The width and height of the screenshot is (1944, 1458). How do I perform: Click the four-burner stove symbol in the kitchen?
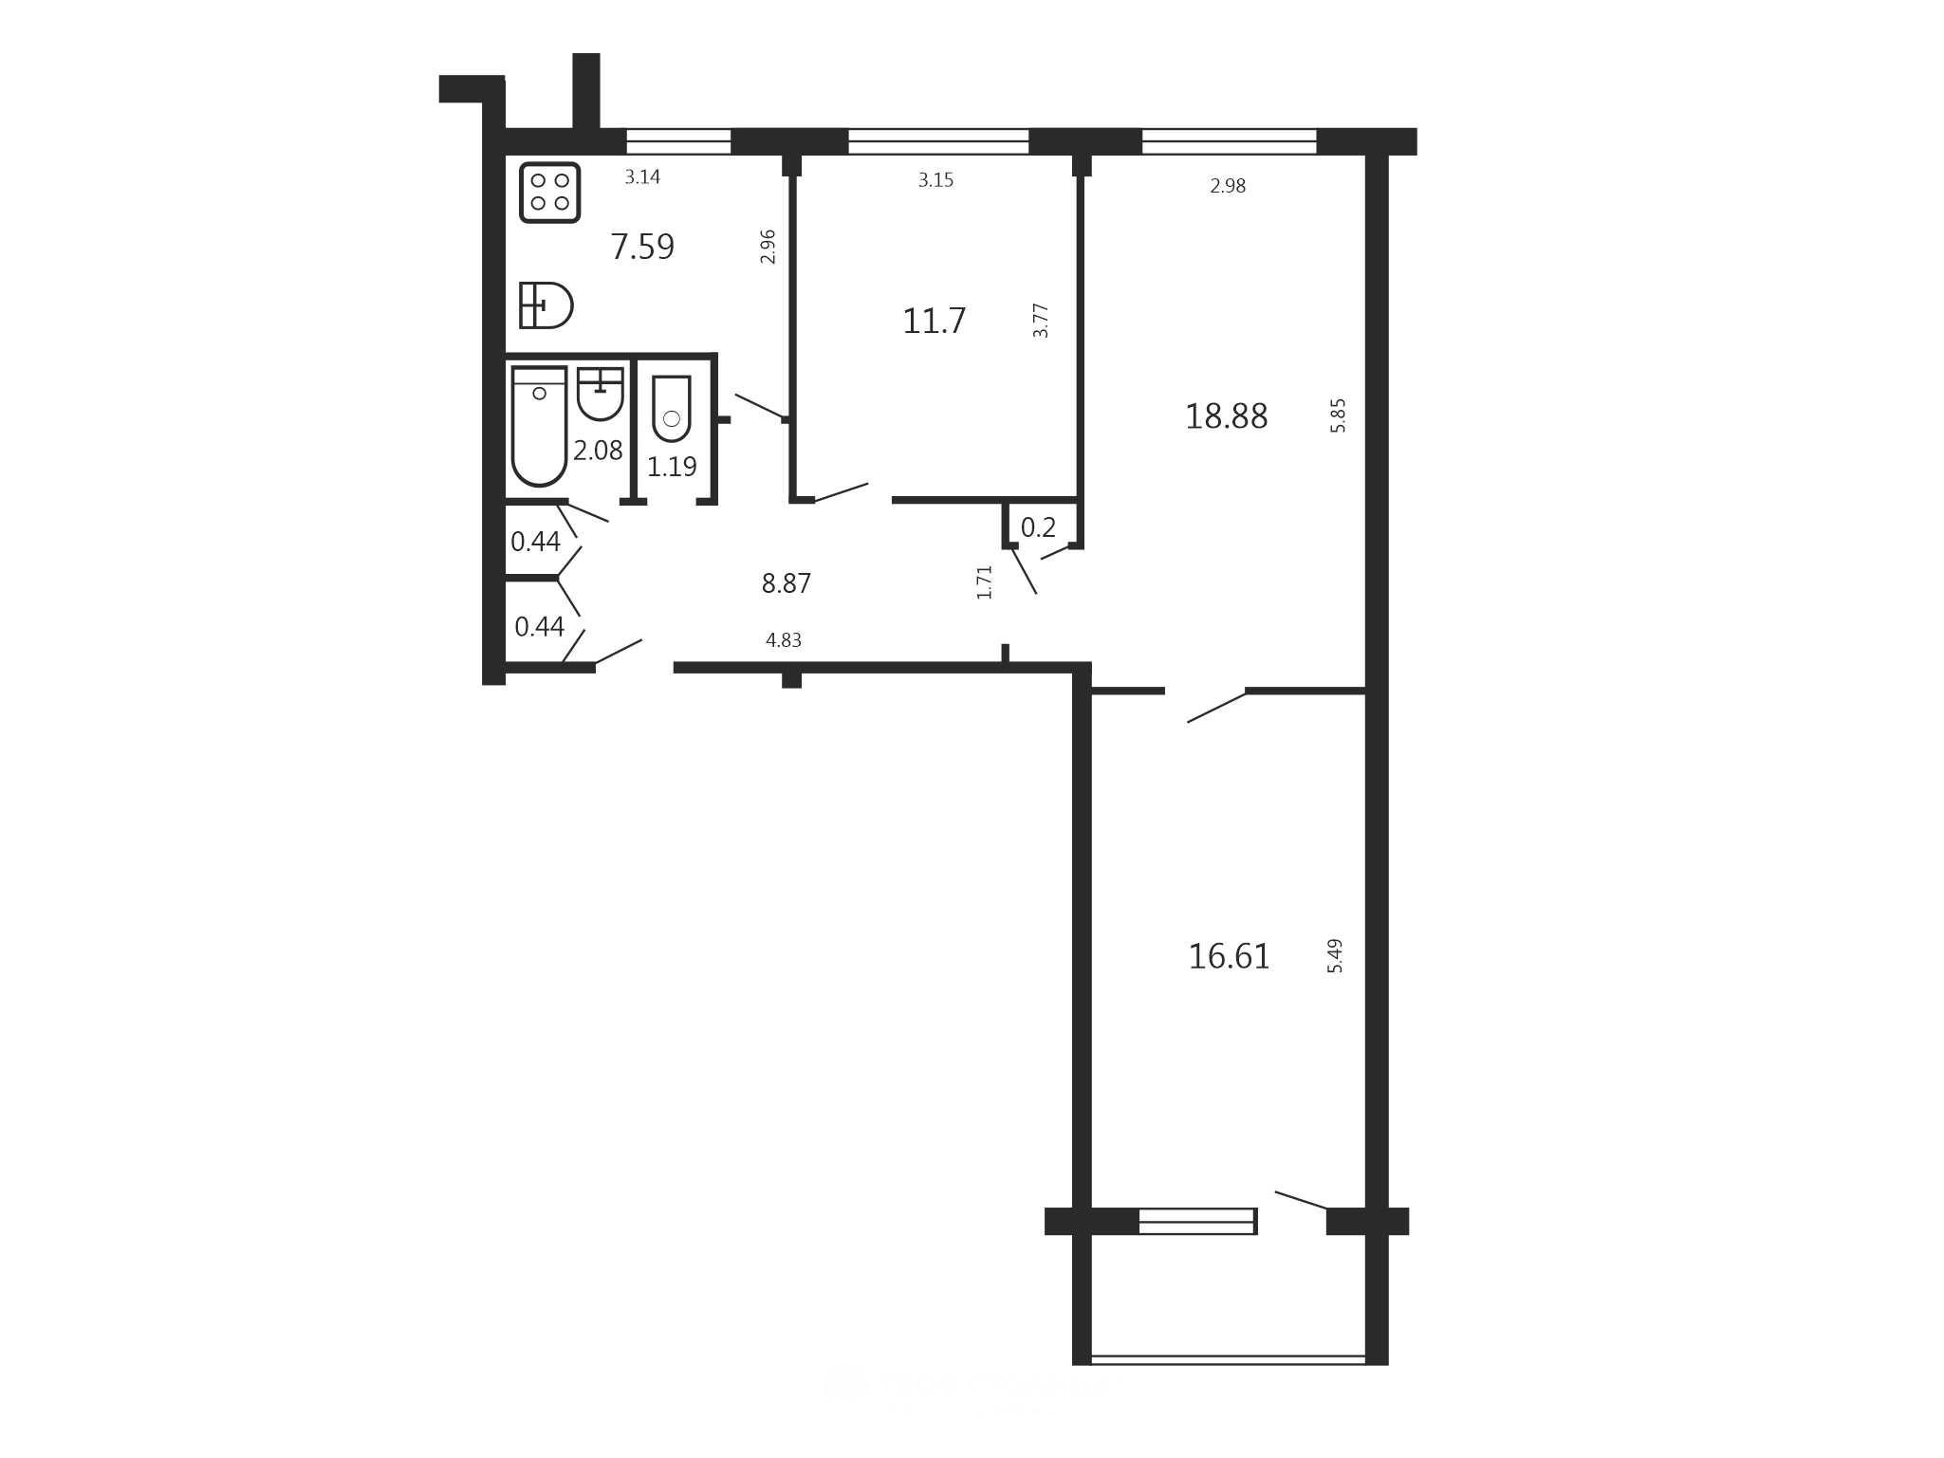(550, 193)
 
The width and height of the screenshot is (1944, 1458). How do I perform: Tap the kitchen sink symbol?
(546, 305)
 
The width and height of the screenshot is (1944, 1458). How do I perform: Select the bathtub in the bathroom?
(539, 426)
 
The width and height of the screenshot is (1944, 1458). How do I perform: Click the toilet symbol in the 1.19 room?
(672, 409)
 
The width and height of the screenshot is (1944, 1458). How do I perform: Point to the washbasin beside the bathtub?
(601, 394)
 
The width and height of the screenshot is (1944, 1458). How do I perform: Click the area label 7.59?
(642, 247)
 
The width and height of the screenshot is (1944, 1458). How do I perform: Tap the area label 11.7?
(934, 322)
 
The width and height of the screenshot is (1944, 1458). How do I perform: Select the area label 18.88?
(1226, 416)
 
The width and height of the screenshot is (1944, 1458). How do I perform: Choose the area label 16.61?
(1229, 956)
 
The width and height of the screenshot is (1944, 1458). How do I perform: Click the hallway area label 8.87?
(787, 583)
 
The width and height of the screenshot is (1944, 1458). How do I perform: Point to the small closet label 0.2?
(1038, 527)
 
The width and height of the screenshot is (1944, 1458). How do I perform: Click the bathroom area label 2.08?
(598, 450)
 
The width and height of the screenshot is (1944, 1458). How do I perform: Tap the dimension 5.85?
(1338, 415)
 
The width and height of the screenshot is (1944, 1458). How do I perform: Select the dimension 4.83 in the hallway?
(784, 640)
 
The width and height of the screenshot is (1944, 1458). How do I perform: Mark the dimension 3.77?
(1041, 321)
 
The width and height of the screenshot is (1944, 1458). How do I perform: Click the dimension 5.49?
(1335, 956)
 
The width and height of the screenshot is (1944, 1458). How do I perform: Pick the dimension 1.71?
(984, 582)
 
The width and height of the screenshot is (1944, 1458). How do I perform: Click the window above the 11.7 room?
(938, 141)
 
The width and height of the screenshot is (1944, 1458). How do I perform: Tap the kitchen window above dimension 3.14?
(678, 141)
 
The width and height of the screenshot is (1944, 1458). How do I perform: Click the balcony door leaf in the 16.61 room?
(1301, 1200)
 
